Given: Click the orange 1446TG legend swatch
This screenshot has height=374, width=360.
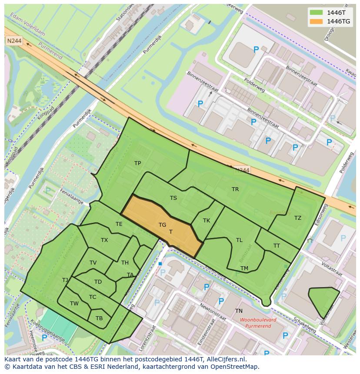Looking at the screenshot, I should (x=317, y=21).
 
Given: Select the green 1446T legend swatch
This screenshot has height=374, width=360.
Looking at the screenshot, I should (x=317, y=13).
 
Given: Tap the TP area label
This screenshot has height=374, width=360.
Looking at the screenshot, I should (x=137, y=163).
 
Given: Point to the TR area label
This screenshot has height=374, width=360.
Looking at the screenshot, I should (x=235, y=189).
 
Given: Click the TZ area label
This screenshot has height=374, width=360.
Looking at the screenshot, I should (x=297, y=218).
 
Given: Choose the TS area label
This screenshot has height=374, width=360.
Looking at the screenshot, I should (x=173, y=198).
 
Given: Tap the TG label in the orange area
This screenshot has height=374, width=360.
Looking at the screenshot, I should (x=162, y=225).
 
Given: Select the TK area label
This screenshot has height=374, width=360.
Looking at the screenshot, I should (x=207, y=221).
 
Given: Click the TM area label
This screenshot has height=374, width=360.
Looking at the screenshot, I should (x=244, y=268).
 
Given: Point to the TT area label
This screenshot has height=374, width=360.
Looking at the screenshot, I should (x=277, y=246).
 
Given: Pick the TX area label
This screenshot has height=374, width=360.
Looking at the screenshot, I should (x=104, y=240).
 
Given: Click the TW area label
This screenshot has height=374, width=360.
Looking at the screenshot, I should (x=74, y=304).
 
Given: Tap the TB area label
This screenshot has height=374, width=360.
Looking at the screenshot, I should (x=99, y=318).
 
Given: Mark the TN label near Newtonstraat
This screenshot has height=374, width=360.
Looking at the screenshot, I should (x=239, y=311).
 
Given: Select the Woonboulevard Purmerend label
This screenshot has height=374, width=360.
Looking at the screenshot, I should (x=258, y=323).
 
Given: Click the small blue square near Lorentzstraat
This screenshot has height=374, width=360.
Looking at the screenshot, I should (x=160, y=264).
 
